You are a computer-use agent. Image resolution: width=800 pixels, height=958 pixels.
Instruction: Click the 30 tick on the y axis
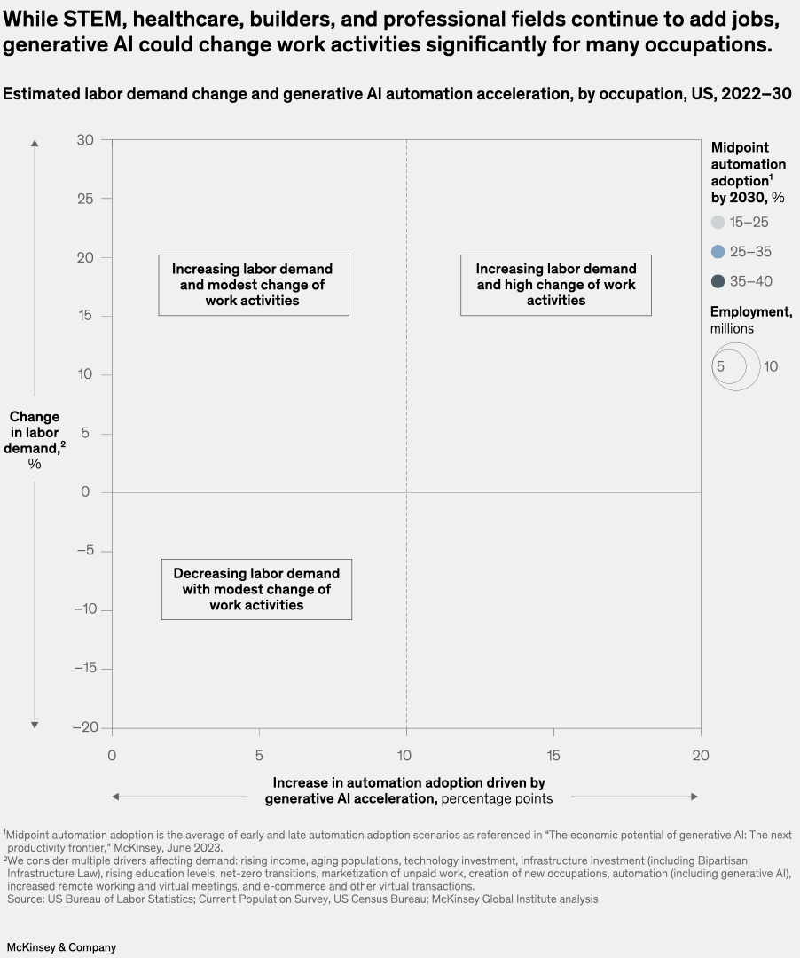click(85, 140)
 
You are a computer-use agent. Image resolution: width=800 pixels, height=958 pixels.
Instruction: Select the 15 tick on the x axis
click(553, 756)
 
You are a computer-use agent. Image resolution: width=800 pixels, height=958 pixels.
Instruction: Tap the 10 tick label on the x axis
click(406, 756)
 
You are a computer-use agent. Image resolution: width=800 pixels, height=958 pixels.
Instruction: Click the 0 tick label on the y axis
click(85, 492)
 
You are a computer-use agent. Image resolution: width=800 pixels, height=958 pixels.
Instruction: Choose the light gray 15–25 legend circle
click(718, 223)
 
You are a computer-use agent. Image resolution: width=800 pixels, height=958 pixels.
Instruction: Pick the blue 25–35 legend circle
click(718, 252)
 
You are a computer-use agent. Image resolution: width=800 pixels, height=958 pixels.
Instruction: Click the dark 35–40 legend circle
click(718, 281)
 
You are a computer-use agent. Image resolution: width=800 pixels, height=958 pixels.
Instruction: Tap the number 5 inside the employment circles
click(721, 365)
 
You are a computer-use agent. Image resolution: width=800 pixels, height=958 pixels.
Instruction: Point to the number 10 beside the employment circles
click(770, 365)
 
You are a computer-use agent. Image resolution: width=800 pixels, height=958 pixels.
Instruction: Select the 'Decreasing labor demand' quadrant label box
click(256, 589)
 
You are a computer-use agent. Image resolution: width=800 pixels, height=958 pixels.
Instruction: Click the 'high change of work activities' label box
click(556, 285)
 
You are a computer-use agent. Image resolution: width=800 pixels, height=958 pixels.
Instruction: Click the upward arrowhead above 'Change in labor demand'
click(35, 142)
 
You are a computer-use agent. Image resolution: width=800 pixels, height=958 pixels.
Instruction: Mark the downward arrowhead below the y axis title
click(35, 725)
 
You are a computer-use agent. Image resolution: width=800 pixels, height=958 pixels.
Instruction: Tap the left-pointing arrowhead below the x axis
click(116, 797)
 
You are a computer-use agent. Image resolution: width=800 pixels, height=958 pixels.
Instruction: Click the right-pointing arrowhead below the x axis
click(694, 797)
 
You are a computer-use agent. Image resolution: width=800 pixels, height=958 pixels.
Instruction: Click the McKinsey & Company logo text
click(61, 947)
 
